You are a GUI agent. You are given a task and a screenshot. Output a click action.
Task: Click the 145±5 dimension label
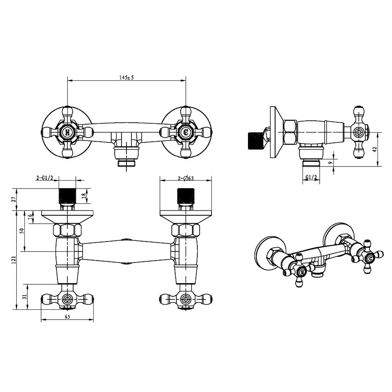click(x=126, y=77)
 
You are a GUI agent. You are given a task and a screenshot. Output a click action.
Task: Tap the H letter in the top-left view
click(x=67, y=132)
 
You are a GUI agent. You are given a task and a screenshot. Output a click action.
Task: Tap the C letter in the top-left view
click(x=186, y=132)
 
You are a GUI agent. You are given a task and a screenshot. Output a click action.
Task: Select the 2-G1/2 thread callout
click(x=45, y=178)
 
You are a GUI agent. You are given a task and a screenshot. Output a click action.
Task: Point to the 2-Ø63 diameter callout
click(x=186, y=178)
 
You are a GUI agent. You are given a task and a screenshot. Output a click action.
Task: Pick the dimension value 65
click(x=67, y=317)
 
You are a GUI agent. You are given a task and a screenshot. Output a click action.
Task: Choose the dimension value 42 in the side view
click(x=374, y=150)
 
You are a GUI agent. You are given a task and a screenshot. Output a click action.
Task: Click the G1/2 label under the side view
click(x=311, y=177)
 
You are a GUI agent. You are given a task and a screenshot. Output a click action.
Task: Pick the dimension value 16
click(x=30, y=217)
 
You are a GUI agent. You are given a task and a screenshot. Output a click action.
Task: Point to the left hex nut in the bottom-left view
click(x=67, y=230)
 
